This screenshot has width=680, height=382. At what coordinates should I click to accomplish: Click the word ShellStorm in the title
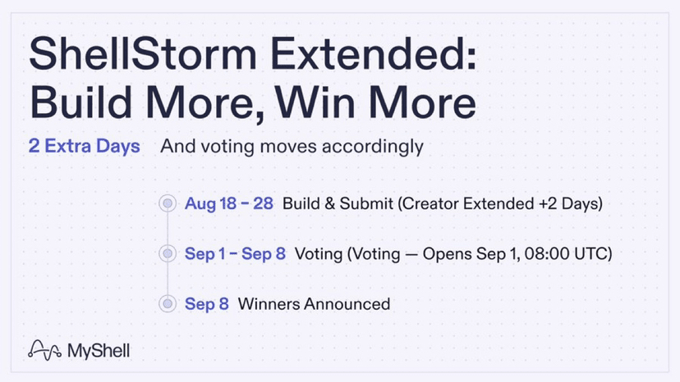143,53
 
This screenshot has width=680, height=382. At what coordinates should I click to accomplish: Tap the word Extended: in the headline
374,53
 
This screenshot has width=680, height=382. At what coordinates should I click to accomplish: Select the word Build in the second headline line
80,102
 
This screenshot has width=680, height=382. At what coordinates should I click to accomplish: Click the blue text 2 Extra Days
84,146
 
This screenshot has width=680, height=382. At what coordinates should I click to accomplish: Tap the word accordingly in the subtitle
373,147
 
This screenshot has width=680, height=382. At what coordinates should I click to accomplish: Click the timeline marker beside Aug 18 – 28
168,203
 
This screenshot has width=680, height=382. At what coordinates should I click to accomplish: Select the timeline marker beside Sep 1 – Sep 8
168,253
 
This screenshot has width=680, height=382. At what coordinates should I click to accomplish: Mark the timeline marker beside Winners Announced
168,303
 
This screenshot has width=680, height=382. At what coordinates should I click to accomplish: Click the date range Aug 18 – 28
229,203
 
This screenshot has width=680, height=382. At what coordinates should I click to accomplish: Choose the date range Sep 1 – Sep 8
235,253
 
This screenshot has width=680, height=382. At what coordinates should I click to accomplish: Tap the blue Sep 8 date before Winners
207,303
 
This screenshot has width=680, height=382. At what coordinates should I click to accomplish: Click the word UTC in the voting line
590,253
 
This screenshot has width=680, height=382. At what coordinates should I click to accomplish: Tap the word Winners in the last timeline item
269,303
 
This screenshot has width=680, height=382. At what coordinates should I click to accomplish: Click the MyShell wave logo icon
44,350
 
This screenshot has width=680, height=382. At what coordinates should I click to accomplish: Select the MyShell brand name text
99,351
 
